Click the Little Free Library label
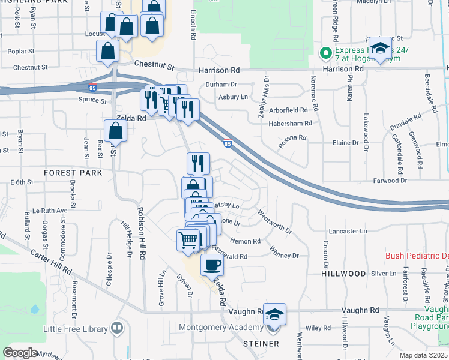click(x=75, y=329)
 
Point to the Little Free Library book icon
click(x=117, y=329)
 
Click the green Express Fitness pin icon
click(x=326, y=53)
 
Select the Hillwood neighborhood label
click(x=343, y=274)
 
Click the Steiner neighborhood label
click(x=261, y=344)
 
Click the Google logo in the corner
click(x=20, y=353)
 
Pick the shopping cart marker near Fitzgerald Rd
click(x=188, y=240)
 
